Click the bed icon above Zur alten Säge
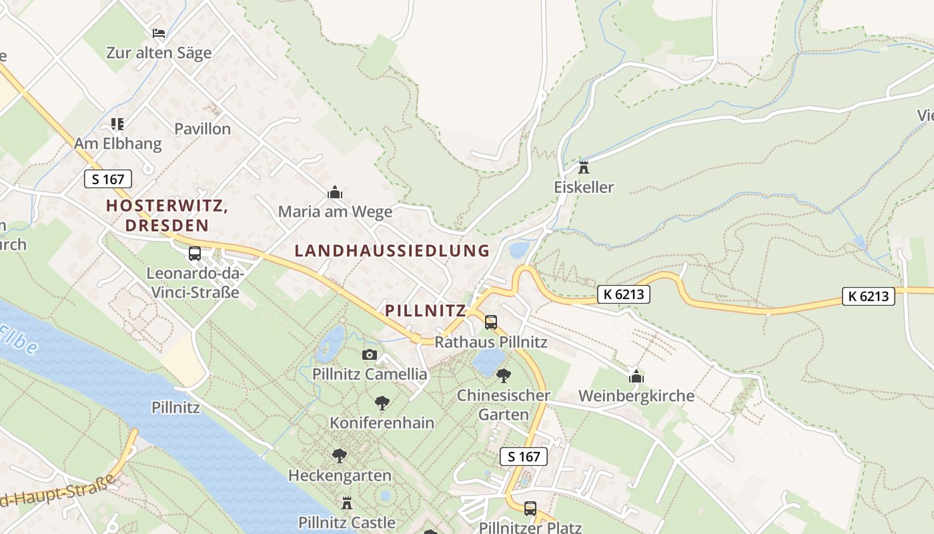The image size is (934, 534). point(159,33)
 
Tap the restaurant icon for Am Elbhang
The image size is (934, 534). point(117,123)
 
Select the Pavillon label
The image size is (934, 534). point(202,129)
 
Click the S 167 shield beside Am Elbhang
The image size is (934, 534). point(108,179)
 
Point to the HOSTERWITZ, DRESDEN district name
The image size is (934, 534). point(167,216)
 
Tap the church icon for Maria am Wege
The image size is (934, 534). point(335,193)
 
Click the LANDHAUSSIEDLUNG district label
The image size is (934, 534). point(392,251)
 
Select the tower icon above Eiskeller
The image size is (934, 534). point(584,167)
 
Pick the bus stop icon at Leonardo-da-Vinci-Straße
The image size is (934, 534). point(195,254)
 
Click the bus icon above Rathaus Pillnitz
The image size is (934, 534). point(491,322)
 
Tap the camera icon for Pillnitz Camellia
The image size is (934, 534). point(370,354)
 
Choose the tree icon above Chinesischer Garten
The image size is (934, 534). point(504,375)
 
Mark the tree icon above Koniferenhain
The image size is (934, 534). point(382,403)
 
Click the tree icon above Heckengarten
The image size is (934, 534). point(340,456)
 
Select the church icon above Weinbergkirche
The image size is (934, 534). point(636,376)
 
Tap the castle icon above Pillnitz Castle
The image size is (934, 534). point(347,503)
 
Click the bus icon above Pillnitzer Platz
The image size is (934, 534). point(530,509)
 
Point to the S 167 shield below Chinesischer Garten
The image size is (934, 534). point(524,457)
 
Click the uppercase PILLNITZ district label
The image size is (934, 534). point(425,310)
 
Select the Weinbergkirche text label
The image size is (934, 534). point(636,396)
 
